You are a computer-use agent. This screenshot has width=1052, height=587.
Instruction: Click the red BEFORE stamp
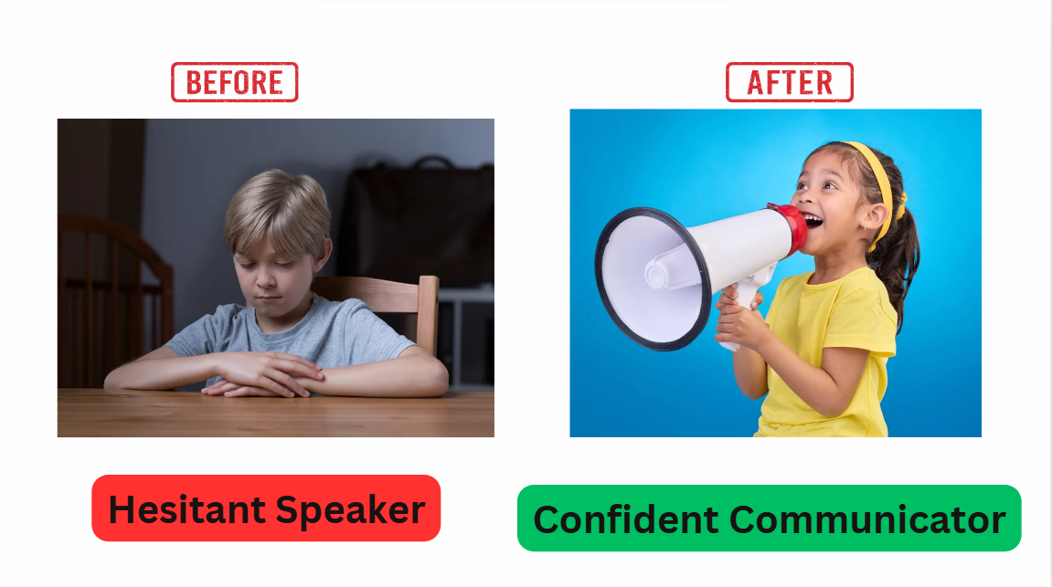click(234, 82)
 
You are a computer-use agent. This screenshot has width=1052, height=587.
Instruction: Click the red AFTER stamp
click(789, 82)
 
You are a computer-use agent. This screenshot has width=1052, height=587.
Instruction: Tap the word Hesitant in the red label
click(187, 509)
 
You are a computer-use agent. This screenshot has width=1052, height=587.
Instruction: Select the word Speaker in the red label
click(350, 510)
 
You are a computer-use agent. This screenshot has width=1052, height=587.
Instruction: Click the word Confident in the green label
click(625, 520)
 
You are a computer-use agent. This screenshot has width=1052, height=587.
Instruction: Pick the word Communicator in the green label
click(867, 520)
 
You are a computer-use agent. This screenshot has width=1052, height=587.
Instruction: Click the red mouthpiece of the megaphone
click(791, 228)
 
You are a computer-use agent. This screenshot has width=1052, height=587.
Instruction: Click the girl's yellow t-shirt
click(832, 349)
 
